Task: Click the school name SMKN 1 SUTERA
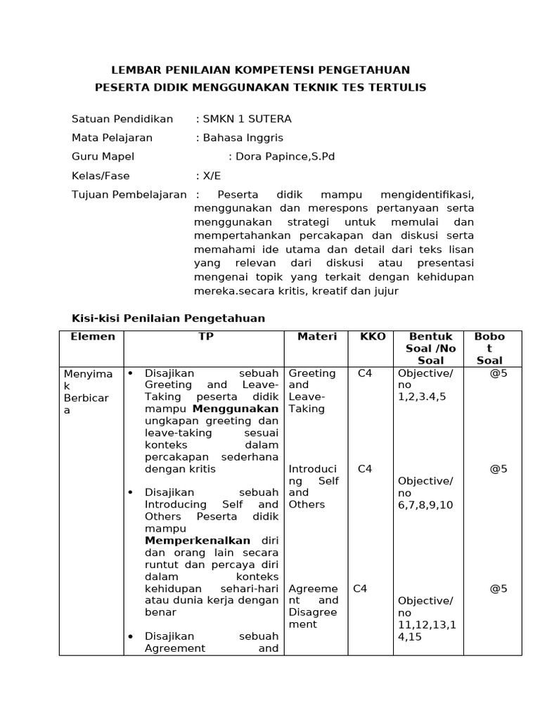(247, 119)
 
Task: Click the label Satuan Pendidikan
(122, 119)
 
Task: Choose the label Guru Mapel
(103, 157)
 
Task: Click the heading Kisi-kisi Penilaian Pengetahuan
(168, 319)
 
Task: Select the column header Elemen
(92, 337)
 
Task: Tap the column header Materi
(317, 337)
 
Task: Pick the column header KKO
(373, 337)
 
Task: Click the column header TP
(205, 337)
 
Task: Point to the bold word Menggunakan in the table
(236, 409)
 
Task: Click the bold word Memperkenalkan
(198, 541)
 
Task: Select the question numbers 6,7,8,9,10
(425, 505)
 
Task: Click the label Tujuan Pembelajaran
(129, 195)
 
